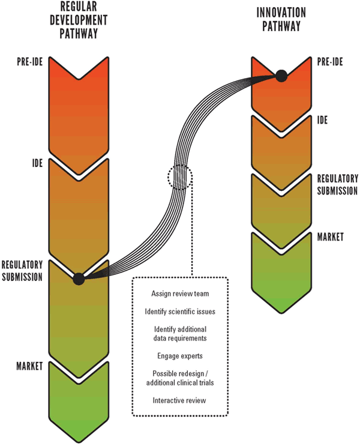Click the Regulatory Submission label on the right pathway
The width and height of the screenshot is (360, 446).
337,185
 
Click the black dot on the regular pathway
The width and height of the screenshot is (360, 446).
78,279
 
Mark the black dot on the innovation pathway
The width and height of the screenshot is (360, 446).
280,76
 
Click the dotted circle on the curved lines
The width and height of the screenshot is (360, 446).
180,178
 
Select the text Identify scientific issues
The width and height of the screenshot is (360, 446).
181,312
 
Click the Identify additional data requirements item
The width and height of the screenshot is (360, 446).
181,334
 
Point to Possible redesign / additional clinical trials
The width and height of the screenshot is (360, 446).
181,378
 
